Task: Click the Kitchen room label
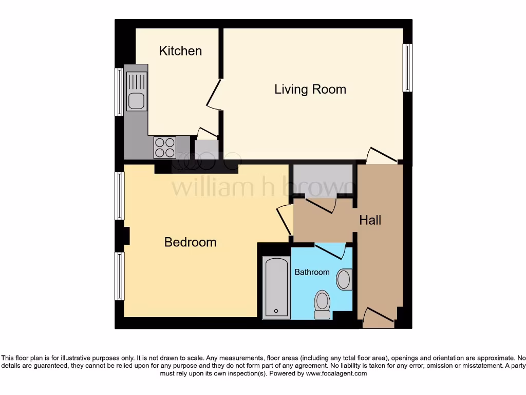[180, 51]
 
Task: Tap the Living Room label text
[310, 89]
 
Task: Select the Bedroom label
[190, 242]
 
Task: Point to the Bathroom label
[312, 272]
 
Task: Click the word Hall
[370, 220]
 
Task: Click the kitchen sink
[136, 93]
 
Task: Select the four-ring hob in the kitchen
[164, 147]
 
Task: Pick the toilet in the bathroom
[322, 304]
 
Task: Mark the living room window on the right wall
[407, 68]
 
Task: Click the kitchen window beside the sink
[119, 92]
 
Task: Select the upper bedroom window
[119, 196]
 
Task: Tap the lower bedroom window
[119, 276]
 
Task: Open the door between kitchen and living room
[214, 94]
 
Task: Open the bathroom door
[330, 252]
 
